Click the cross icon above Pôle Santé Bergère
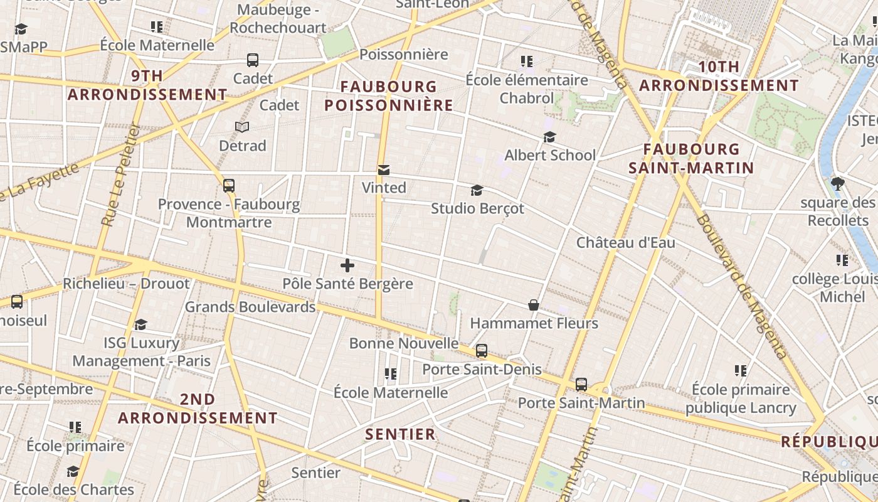tap(347, 265)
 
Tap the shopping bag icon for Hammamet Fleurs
tap(533, 306)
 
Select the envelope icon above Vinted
tap(384, 170)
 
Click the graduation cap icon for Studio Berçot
tap(477, 190)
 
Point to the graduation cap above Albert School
tap(550, 137)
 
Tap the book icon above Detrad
tap(242, 127)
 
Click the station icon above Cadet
tap(253, 60)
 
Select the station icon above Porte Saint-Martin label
tap(581, 384)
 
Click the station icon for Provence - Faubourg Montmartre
tap(229, 186)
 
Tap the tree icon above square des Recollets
tap(837, 184)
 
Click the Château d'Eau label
tap(625, 242)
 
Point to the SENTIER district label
tap(400, 434)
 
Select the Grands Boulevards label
tap(250, 307)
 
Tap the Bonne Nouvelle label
tap(404, 343)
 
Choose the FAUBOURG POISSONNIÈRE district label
tap(389, 96)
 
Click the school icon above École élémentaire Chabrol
tap(527, 61)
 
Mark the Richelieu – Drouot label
tap(126, 284)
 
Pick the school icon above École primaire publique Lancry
tap(741, 371)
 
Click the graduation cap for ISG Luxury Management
tap(141, 324)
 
